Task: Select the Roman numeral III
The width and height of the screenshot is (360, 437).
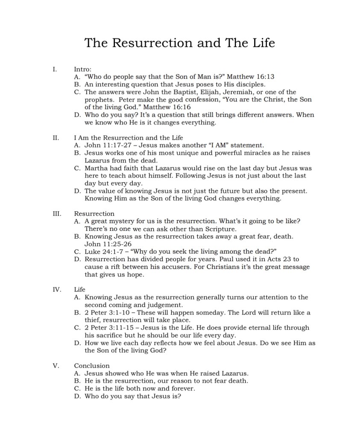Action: coord(57,213)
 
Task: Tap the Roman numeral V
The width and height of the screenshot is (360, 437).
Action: coord(55,366)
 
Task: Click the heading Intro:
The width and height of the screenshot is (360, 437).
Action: coord(82,69)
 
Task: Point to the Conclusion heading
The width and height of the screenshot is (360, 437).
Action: coord(92,366)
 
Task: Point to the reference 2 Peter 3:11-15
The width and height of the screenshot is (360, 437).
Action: coord(108,328)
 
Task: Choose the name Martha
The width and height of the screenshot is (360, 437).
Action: coord(96,168)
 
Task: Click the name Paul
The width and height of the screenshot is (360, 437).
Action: coord(231,259)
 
